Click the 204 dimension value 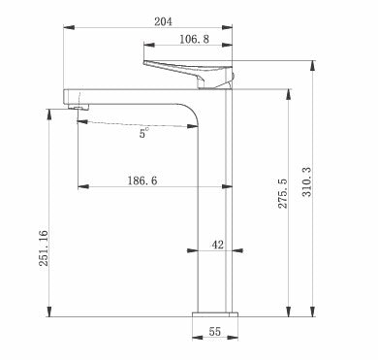tap(163, 21)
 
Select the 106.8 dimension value tap(194, 39)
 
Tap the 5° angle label tap(144, 133)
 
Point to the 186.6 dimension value tap(142, 180)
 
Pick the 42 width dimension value tap(218, 245)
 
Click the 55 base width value tap(215, 332)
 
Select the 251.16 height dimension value tap(44, 248)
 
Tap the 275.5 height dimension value tap(283, 193)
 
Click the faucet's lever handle tap(188, 74)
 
